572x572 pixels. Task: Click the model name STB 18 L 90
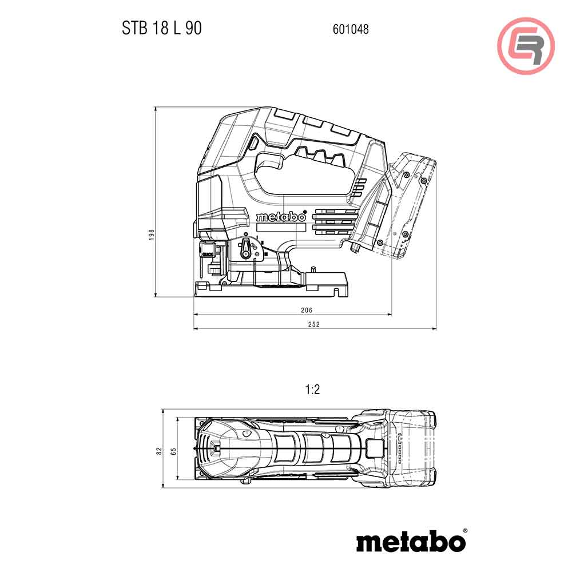tap(161, 28)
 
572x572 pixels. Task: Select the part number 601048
tap(350, 29)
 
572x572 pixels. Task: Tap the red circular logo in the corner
tap(526, 45)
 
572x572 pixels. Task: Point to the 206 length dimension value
tap(307, 310)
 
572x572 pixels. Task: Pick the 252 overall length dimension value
tap(313, 324)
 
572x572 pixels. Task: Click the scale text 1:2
tap(312, 390)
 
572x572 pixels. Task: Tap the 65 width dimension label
tap(173, 451)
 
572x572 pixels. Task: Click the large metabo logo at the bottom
tap(410, 541)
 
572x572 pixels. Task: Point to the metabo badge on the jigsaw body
tap(281, 217)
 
